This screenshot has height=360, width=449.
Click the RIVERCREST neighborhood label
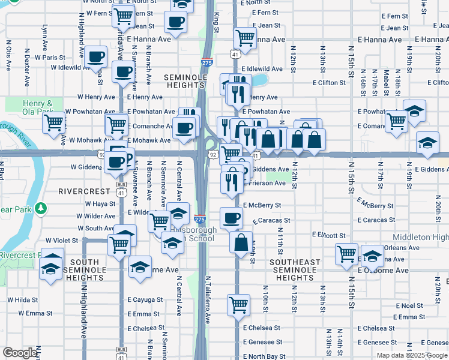click(83, 191)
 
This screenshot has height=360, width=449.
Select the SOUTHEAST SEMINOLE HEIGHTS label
click(295, 270)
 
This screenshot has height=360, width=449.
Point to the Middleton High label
click(420, 238)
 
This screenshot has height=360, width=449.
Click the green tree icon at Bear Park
click(41, 209)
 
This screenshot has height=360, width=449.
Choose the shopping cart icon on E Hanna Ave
click(246, 38)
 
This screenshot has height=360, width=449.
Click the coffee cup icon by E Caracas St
click(231, 218)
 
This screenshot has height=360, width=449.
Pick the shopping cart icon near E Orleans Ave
click(347, 254)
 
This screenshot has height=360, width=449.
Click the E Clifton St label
click(331, 83)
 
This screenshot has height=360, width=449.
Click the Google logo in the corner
click(20, 353)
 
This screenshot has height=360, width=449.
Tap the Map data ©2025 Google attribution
click(412, 355)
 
